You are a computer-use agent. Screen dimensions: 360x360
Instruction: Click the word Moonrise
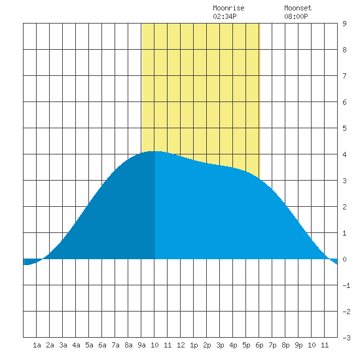228,8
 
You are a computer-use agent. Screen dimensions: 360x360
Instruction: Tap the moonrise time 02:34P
225,16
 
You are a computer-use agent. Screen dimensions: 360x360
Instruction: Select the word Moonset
298,8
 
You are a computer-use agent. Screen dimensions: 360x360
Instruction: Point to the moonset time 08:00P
296,16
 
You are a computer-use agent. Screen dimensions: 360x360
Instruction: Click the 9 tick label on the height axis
344,24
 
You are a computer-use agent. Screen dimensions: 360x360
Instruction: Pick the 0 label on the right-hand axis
344,259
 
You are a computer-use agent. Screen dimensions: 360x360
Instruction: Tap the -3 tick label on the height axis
346,338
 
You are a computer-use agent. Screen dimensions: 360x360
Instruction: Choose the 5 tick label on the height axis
344,128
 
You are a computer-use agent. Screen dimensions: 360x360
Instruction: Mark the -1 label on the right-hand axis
346,285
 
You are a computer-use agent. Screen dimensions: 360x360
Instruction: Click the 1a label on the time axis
37,345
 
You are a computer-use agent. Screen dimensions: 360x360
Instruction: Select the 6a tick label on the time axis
102,345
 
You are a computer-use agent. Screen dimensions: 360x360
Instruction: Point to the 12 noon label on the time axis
181,345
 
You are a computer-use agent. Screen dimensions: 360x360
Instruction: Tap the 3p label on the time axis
220,345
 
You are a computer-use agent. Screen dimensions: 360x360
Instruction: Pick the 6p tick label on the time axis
259,345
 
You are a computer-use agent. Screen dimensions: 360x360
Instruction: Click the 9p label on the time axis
298,345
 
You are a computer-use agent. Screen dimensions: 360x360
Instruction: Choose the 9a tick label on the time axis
141,345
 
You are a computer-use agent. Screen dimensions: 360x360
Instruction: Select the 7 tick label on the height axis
344,76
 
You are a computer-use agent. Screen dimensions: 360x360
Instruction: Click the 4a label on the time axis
76,345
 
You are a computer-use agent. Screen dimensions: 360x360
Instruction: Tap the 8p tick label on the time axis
285,345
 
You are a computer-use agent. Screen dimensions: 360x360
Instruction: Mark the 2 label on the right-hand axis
344,207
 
